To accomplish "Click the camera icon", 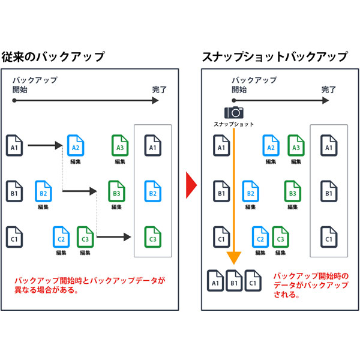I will tap(234, 112).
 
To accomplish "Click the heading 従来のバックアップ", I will tap(53, 58).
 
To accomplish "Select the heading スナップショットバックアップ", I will tap(274, 58).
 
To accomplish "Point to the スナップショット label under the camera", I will tap(234, 124).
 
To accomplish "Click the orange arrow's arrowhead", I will tap(234, 257).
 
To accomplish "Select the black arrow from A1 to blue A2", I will tap(45, 145).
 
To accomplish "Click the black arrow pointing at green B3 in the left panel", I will tap(80, 191).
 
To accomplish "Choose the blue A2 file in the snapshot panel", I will tap(271, 145).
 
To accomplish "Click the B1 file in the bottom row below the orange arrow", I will tap(234, 280).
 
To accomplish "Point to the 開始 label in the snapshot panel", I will tap(239, 90).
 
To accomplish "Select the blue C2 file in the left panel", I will tap(61, 236).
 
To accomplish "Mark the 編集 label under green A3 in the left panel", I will tap(120, 161).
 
